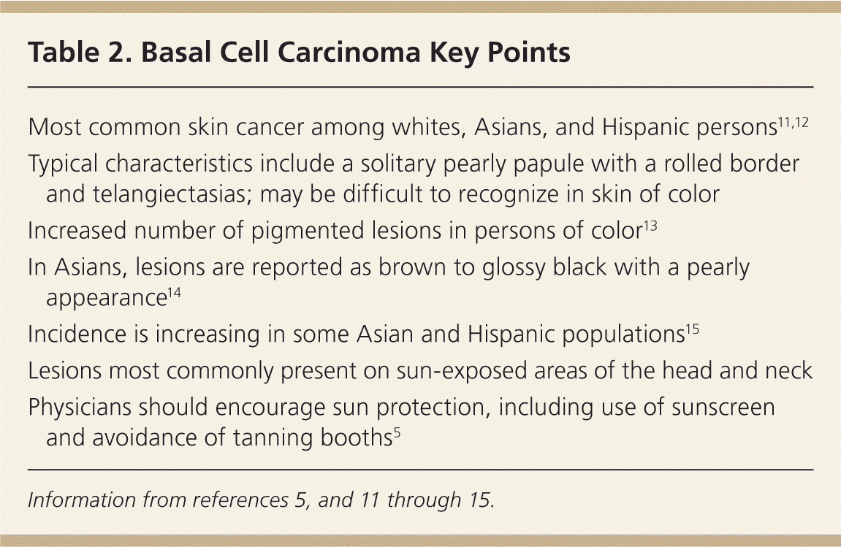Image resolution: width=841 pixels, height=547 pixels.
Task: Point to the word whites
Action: (429, 127)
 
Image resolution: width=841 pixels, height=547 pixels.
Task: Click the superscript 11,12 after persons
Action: (794, 122)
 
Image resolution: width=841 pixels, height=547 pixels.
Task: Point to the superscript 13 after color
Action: (650, 226)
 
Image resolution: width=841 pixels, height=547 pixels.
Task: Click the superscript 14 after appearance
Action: (175, 294)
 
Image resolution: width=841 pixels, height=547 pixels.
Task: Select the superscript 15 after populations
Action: (693, 329)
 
